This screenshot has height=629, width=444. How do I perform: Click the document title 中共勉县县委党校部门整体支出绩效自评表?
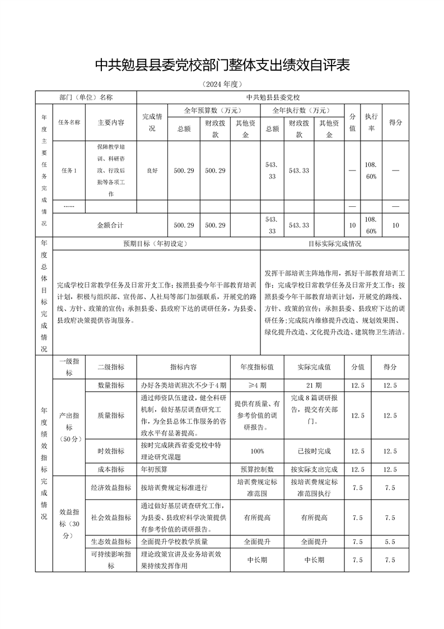[x=222, y=65]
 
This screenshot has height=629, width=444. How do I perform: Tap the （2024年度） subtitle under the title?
[x=222, y=85]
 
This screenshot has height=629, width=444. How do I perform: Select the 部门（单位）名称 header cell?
[x=86, y=97]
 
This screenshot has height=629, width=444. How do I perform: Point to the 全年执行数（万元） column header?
[x=301, y=110]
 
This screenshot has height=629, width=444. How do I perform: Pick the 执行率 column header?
[x=371, y=122]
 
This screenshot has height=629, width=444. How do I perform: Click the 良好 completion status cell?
[x=152, y=170]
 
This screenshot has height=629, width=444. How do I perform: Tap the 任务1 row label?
[x=68, y=170]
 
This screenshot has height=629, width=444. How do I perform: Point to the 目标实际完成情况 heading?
[x=334, y=244]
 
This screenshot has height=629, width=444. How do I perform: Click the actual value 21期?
[x=314, y=385]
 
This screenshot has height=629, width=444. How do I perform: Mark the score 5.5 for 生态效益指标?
[x=390, y=542]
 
